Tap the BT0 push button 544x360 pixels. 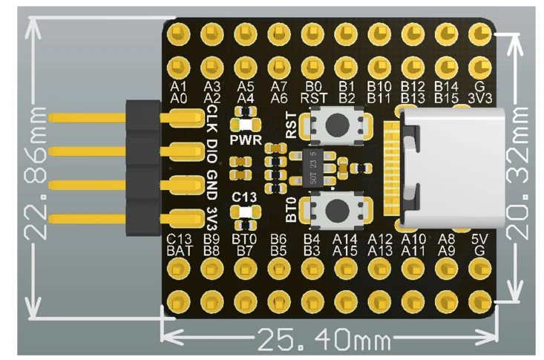click(x=336, y=210)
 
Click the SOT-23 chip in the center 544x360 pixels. click(x=313, y=168)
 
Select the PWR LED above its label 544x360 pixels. click(x=246, y=124)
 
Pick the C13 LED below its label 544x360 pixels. click(x=246, y=212)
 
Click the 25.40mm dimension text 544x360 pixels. click(x=324, y=339)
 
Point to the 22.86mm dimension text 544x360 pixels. click(x=36, y=173)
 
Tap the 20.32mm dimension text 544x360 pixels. click(x=517, y=173)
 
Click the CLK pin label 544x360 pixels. click(x=212, y=119)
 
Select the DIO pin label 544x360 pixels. click(x=212, y=151)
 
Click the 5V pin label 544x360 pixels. click(x=480, y=239)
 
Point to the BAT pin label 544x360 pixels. click(x=179, y=251)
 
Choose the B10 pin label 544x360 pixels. click(x=379, y=86)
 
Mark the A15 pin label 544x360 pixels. click(x=345, y=251)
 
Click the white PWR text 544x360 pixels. click(x=246, y=140)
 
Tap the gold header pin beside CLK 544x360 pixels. click(x=87, y=118)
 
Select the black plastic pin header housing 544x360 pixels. click(x=143, y=168)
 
